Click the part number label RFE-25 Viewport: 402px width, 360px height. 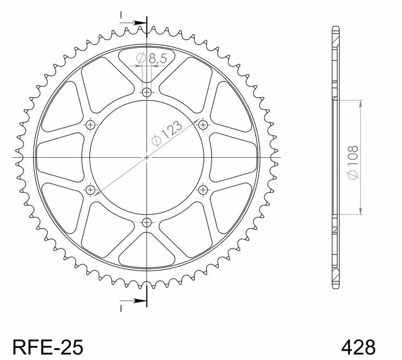(x=47, y=347)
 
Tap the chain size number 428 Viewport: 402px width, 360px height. (x=359, y=347)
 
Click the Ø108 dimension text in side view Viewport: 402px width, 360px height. (x=353, y=160)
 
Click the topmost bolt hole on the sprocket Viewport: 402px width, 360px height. (x=147, y=93)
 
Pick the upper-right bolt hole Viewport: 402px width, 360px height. (x=203, y=125)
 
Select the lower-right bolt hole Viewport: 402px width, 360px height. (x=203, y=190)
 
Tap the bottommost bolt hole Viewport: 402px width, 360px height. (x=147, y=222)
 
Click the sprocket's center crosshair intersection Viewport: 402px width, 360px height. (x=147, y=158)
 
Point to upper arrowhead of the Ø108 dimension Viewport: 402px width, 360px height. (x=360, y=103)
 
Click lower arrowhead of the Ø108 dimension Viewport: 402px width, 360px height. (x=360, y=212)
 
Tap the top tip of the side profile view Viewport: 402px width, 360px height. (x=336, y=26)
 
